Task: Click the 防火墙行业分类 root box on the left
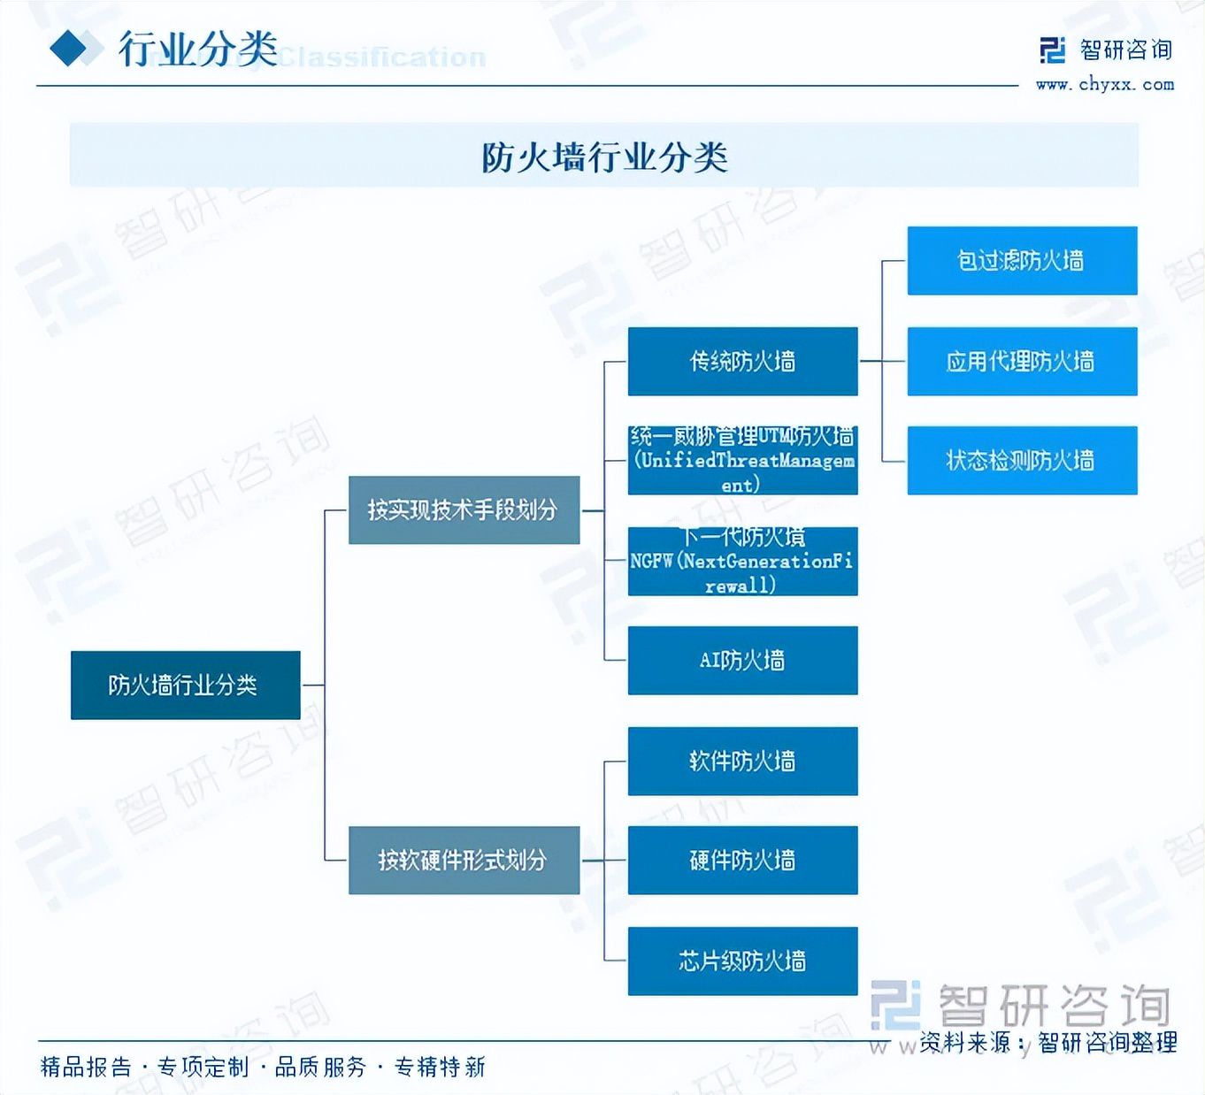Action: click(185, 685)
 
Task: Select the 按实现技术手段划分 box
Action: click(464, 510)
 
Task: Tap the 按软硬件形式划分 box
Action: click(464, 860)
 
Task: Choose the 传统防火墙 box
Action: click(742, 361)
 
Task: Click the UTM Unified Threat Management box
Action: click(742, 460)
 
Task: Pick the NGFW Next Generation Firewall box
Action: click(742, 561)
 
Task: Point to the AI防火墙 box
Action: click(742, 660)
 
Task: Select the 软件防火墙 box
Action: click(742, 761)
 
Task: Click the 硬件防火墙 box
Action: click(742, 860)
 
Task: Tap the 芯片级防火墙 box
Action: click(742, 961)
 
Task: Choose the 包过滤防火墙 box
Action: click(1022, 260)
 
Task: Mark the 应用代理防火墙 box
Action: click(1022, 361)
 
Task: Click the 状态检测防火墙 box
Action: click(1022, 460)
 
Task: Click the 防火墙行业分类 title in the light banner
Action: click(604, 157)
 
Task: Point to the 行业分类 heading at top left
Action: click(198, 49)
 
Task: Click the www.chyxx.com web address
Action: click(1104, 85)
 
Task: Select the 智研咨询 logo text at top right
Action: click(1125, 50)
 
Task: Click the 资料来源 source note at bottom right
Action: click(1048, 1042)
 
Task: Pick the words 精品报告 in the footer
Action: click(86, 1067)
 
